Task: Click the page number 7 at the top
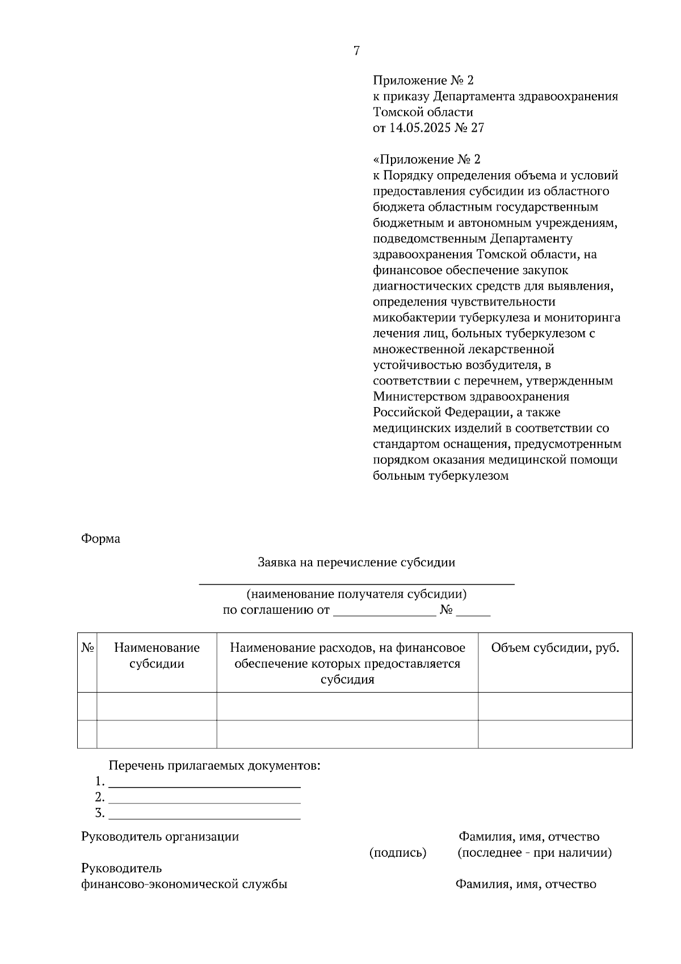click(356, 51)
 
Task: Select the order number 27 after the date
click(478, 128)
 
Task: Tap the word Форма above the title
click(100, 539)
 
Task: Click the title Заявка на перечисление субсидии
click(356, 563)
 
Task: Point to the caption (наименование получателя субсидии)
click(356, 594)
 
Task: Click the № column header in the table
click(87, 648)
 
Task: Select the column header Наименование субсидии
click(157, 656)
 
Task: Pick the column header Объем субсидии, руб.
click(554, 648)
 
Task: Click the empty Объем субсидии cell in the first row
click(554, 706)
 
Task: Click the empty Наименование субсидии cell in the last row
click(157, 734)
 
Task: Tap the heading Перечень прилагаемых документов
click(215, 766)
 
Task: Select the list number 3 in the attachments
click(99, 813)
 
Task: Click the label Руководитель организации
click(160, 837)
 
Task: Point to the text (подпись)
click(398, 853)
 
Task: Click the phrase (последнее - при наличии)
click(534, 853)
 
